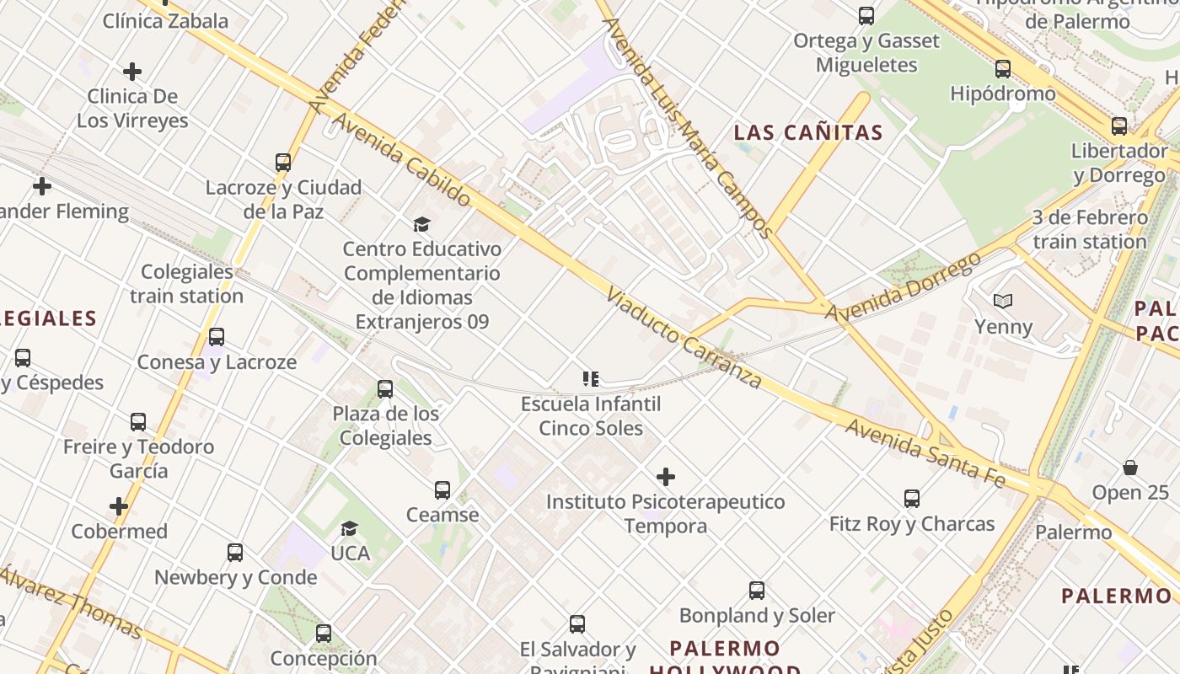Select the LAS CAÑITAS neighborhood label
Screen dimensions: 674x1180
click(807, 132)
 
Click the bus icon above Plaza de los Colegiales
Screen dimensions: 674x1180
click(385, 389)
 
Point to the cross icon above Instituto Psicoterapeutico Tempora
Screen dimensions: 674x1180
click(666, 478)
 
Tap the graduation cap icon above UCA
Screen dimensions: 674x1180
click(349, 529)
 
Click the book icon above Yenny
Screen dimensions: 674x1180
click(1003, 302)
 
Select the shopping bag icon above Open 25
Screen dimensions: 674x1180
click(1130, 468)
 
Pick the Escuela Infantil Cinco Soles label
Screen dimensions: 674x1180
click(591, 416)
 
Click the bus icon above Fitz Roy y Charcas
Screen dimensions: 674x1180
click(912, 499)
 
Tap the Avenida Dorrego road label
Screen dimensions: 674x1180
click(904, 286)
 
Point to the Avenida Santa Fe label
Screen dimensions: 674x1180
click(925, 452)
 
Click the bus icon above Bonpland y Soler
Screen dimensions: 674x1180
click(757, 591)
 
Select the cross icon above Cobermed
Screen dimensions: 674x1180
click(119, 507)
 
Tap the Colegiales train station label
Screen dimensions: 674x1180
click(186, 284)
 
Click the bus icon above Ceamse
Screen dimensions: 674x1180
click(442, 490)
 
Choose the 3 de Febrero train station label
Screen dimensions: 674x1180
click(1090, 229)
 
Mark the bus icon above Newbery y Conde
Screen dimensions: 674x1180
click(235, 553)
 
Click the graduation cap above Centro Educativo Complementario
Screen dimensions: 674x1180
click(421, 224)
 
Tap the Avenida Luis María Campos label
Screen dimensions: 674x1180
click(687, 126)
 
